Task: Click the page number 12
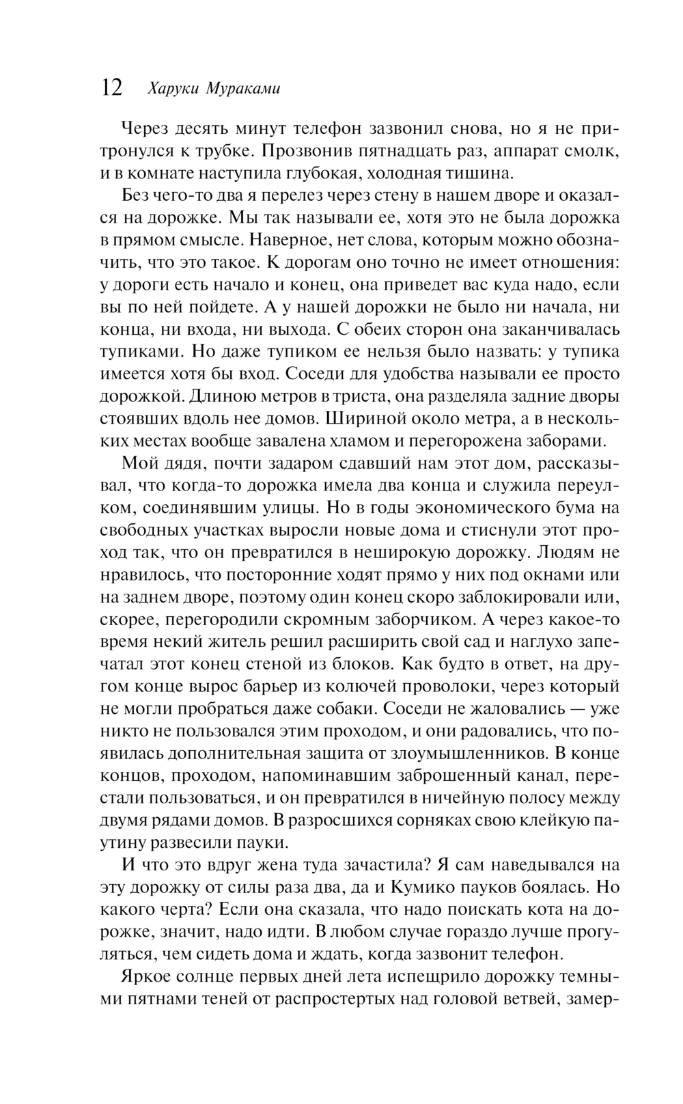(x=112, y=87)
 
